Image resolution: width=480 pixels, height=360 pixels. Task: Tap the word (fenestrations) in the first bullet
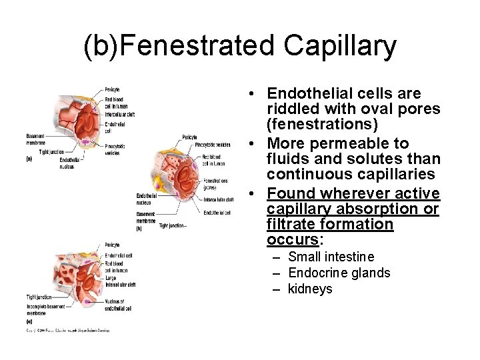[x=322, y=124]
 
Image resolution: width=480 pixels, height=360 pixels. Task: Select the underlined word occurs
[x=292, y=239]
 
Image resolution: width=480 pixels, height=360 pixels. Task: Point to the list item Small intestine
[x=331, y=257]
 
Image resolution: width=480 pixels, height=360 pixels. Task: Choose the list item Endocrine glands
[x=339, y=273]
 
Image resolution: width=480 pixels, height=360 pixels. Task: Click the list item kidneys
[x=310, y=289]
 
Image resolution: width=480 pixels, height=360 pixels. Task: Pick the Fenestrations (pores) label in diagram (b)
[x=216, y=184]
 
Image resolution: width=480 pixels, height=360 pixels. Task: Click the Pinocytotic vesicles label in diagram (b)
[x=213, y=145]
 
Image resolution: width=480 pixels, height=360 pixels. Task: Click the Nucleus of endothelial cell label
[x=119, y=305]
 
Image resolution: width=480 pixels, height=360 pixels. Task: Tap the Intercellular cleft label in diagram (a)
[x=119, y=114]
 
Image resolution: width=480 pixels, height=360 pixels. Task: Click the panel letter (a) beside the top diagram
[x=29, y=159]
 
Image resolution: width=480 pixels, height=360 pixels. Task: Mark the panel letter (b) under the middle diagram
[x=139, y=229]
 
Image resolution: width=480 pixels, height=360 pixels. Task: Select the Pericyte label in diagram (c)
[x=111, y=245]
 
